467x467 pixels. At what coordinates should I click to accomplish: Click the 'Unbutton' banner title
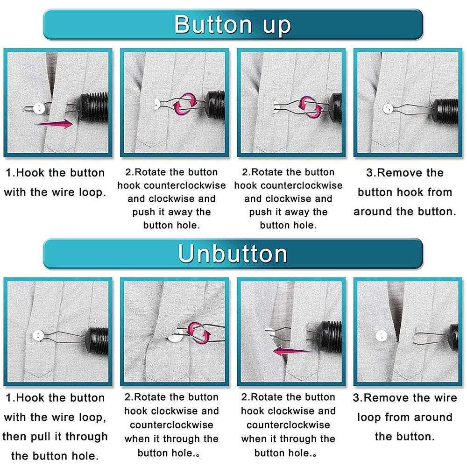coord(232,254)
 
